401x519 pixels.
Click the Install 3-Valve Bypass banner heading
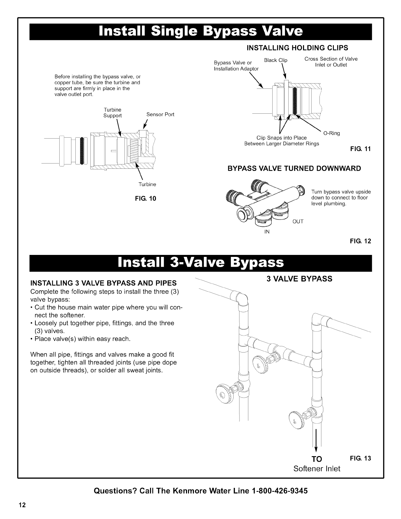pyautogui.click(x=201, y=262)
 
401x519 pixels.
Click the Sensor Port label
pyautogui.click(x=160, y=114)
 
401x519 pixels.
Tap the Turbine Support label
pyautogui.click(x=112, y=112)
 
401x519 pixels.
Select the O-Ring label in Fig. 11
pyautogui.click(x=332, y=133)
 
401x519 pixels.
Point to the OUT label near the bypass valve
pyautogui.click(x=298, y=221)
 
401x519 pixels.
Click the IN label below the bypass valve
pyautogui.click(x=267, y=232)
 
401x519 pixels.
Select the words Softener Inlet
pyautogui.click(x=316, y=469)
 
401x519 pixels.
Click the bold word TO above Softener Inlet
pyautogui.click(x=316, y=458)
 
